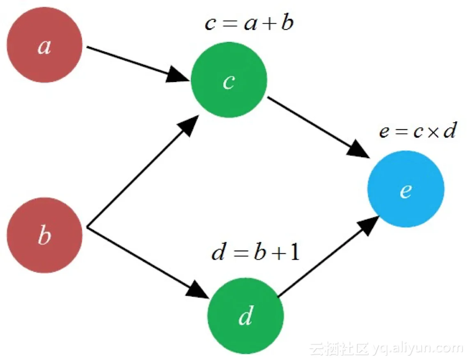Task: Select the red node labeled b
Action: [44, 235]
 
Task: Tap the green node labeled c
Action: [229, 80]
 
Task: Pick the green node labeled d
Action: [245, 316]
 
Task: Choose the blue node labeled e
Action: [406, 189]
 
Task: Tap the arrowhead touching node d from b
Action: [199, 291]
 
